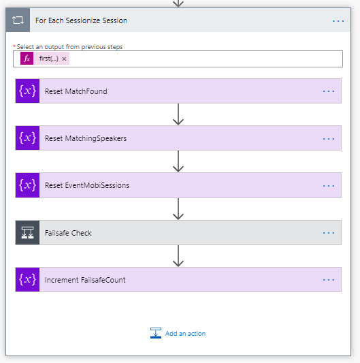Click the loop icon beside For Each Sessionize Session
point(18,20)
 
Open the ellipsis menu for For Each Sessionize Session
point(338,21)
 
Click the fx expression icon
point(27,59)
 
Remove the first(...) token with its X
point(64,59)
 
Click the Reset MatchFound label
point(76,91)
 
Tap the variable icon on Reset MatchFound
point(27,91)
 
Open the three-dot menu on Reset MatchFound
point(329,91)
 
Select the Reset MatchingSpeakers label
point(86,138)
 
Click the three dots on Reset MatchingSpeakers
point(329,139)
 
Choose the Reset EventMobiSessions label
point(87,185)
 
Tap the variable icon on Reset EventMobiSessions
point(27,185)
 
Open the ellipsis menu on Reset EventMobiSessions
point(329,186)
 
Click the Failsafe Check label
point(68,233)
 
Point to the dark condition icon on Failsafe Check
point(27,232)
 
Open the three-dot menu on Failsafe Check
point(329,233)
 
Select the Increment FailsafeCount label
point(85,280)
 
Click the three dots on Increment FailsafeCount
point(329,280)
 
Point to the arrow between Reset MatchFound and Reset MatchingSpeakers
point(178,114)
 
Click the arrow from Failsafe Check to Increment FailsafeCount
point(178,256)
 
